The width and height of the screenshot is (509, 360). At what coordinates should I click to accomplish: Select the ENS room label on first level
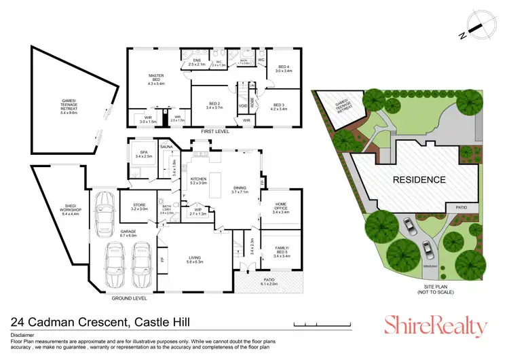(x=197, y=62)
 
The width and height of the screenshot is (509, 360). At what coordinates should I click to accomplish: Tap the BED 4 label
(x=282, y=69)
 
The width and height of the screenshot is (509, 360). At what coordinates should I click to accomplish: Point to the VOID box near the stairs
(x=242, y=106)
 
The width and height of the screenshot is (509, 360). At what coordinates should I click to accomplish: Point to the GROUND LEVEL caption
(x=130, y=298)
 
